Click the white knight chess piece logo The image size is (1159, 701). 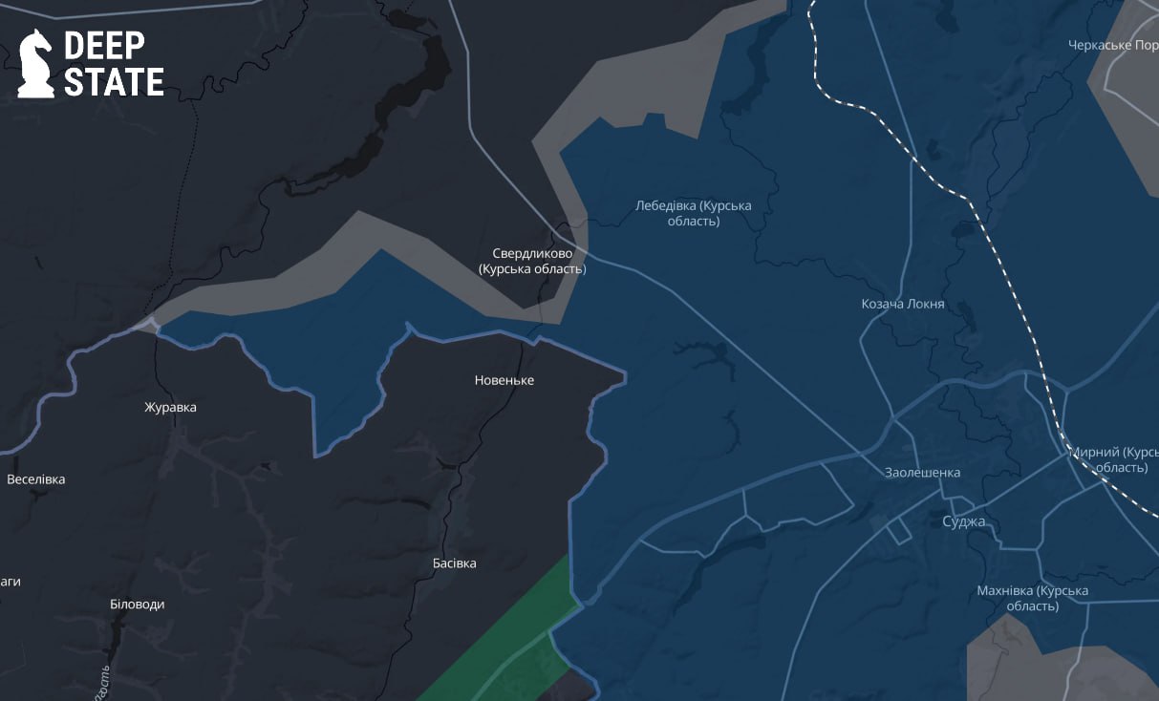[x=36, y=63]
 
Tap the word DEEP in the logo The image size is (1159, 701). [x=104, y=46]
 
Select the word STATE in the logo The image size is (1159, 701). [x=114, y=82]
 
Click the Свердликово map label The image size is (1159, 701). [x=532, y=261]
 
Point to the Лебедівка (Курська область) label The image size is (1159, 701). [x=694, y=213]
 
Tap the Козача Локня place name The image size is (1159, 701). [x=903, y=304]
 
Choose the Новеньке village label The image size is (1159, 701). [x=504, y=380]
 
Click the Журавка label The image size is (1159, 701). [x=170, y=407]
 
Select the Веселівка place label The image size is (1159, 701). [x=36, y=478]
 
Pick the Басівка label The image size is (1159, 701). [x=454, y=563]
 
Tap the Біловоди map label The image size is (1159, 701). [x=138, y=604]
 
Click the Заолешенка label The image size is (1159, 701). [x=922, y=472]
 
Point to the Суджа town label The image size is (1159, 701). [x=963, y=521]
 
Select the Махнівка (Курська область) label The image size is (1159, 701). [x=1033, y=598]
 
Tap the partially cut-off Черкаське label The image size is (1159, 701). [x=1113, y=45]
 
